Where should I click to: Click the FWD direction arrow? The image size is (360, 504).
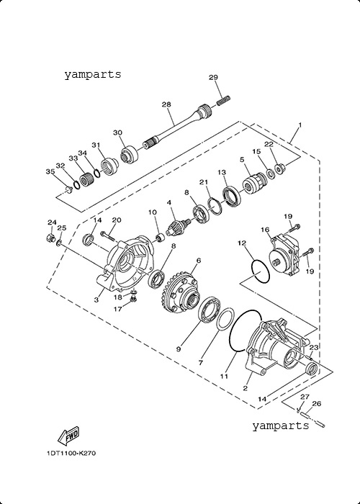[68, 436]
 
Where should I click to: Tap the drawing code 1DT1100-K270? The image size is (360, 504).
[71, 454]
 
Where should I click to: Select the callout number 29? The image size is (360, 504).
[213, 78]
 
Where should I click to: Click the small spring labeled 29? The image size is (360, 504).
[224, 100]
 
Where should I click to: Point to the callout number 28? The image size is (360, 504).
[166, 104]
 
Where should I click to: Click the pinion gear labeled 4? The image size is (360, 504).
[176, 225]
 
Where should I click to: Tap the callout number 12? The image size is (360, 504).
[242, 243]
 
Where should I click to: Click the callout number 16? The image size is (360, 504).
[264, 230]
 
